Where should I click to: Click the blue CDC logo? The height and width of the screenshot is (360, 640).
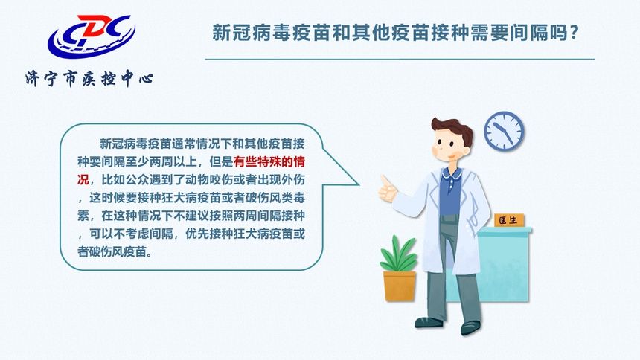[x=89, y=37]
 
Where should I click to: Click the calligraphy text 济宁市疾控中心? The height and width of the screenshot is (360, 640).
[x=89, y=78]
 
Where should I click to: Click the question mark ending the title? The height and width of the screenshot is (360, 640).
[x=574, y=33]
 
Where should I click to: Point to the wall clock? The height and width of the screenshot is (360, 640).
[x=504, y=130]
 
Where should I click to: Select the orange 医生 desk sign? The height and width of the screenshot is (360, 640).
[x=509, y=220]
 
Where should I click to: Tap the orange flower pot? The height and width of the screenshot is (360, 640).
[x=400, y=286]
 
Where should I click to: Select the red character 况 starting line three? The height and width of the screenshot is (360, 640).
[x=83, y=179]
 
